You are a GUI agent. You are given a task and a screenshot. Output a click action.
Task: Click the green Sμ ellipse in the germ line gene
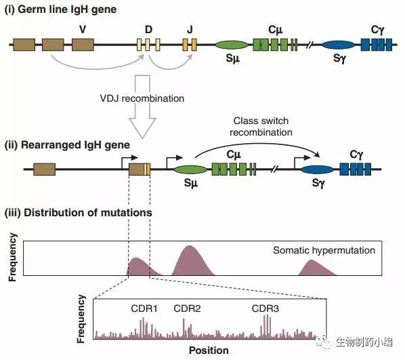pos(232,45)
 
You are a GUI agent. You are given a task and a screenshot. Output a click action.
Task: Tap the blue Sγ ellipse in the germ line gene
pos(338,45)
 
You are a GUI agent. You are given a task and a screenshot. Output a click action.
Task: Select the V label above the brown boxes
pos(83,30)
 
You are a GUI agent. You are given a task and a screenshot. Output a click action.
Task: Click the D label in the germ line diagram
pos(148,30)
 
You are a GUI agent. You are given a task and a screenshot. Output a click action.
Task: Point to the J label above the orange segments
pos(190,30)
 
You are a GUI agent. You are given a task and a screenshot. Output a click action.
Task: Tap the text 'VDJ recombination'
pos(142,98)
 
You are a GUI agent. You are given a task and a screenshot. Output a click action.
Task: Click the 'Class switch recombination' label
pos(261,127)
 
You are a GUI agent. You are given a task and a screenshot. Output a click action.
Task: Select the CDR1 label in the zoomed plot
pos(144,308)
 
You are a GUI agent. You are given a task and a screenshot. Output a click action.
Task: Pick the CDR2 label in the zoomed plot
pos(187,308)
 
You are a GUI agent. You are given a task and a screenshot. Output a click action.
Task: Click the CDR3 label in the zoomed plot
pos(265,308)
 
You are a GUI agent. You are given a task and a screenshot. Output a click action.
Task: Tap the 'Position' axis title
pos(209,351)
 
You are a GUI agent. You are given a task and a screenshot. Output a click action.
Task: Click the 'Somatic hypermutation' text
pos(324,250)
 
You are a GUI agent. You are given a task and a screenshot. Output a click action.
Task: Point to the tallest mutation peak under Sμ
pos(190,261)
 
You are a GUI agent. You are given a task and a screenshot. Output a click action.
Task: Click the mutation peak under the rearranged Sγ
pos(316,268)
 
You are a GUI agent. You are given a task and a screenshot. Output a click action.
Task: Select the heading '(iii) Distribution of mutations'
pos(79,213)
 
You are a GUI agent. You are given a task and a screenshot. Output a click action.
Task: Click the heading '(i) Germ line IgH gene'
pos(60,9)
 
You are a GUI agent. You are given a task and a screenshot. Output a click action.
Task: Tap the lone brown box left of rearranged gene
pos(45,169)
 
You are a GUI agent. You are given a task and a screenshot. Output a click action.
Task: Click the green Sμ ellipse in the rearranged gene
pos(190,169)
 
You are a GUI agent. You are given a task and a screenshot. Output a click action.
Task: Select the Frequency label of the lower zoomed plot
pos(81,319)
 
